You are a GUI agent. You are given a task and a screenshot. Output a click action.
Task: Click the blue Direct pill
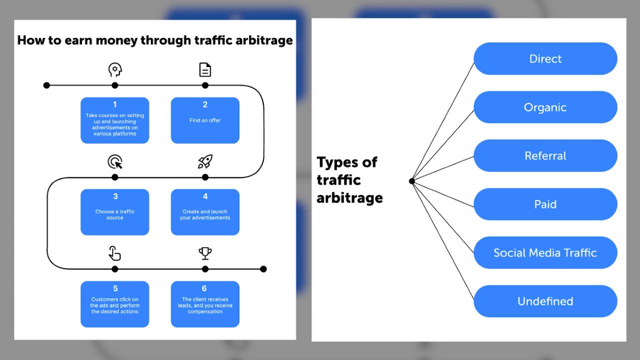pos(545,58)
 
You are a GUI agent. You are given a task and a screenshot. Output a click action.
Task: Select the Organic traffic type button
pos(545,107)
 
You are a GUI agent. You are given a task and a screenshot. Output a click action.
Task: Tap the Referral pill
pos(545,155)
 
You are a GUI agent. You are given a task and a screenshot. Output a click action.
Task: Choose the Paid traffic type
pos(545,204)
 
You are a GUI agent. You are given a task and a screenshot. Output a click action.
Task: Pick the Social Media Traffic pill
pos(545,252)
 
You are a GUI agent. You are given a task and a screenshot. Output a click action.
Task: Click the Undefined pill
pos(545,301)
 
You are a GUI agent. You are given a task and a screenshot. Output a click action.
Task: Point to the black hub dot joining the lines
pos(412,181)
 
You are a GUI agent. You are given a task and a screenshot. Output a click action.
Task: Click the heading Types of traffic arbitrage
pos(350,180)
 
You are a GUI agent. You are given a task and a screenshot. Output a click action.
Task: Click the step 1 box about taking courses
pos(115,120)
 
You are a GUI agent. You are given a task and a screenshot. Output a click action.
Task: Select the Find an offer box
pos(205,120)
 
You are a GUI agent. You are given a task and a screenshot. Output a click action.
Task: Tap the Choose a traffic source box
pos(115,212)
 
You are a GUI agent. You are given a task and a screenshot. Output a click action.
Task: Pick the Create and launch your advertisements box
pos(205,212)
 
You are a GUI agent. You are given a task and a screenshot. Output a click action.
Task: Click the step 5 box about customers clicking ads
pos(115,304)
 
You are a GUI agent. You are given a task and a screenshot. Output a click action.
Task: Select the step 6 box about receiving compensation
pos(205,304)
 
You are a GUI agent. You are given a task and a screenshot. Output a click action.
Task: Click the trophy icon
pos(205,253)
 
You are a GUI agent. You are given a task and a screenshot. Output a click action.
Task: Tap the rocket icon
pos(205,161)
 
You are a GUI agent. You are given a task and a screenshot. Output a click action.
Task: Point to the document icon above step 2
pos(205,69)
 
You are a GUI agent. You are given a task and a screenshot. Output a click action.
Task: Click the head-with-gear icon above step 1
pos(115,69)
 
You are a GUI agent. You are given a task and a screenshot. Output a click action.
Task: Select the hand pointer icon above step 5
pos(115,253)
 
